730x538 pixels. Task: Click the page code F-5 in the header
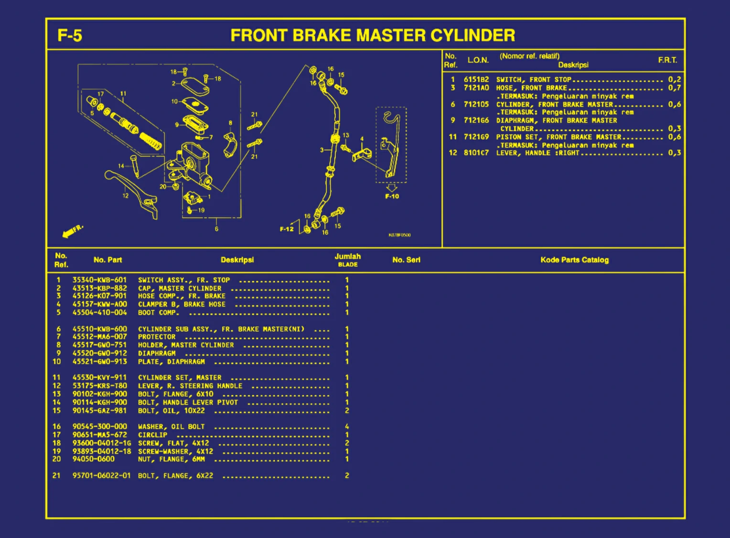click(x=70, y=36)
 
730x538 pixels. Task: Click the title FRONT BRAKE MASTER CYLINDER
click(x=373, y=35)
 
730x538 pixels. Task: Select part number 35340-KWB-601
click(x=99, y=280)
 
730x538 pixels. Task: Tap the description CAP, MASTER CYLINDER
click(x=180, y=288)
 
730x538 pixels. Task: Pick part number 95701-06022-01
click(x=101, y=475)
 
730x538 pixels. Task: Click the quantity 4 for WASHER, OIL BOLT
click(x=347, y=426)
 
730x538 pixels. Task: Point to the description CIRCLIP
click(x=152, y=435)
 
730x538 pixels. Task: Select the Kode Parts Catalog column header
click(x=574, y=260)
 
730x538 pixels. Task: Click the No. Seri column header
click(x=406, y=260)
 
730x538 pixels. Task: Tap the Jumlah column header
click(x=347, y=257)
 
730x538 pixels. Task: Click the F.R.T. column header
click(x=667, y=60)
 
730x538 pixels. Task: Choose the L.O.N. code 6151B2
click(x=476, y=80)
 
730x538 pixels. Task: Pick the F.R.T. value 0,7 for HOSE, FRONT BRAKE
click(x=674, y=88)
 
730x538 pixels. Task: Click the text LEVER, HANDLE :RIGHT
click(x=537, y=153)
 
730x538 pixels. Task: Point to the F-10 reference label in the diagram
click(x=392, y=196)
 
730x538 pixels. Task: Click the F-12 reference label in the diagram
click(x=287, y=229)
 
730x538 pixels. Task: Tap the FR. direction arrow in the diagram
click(x=72, y=232)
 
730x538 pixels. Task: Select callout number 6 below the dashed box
click(x=216, y=229)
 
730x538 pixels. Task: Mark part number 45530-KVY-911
click(x=99, y=378)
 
